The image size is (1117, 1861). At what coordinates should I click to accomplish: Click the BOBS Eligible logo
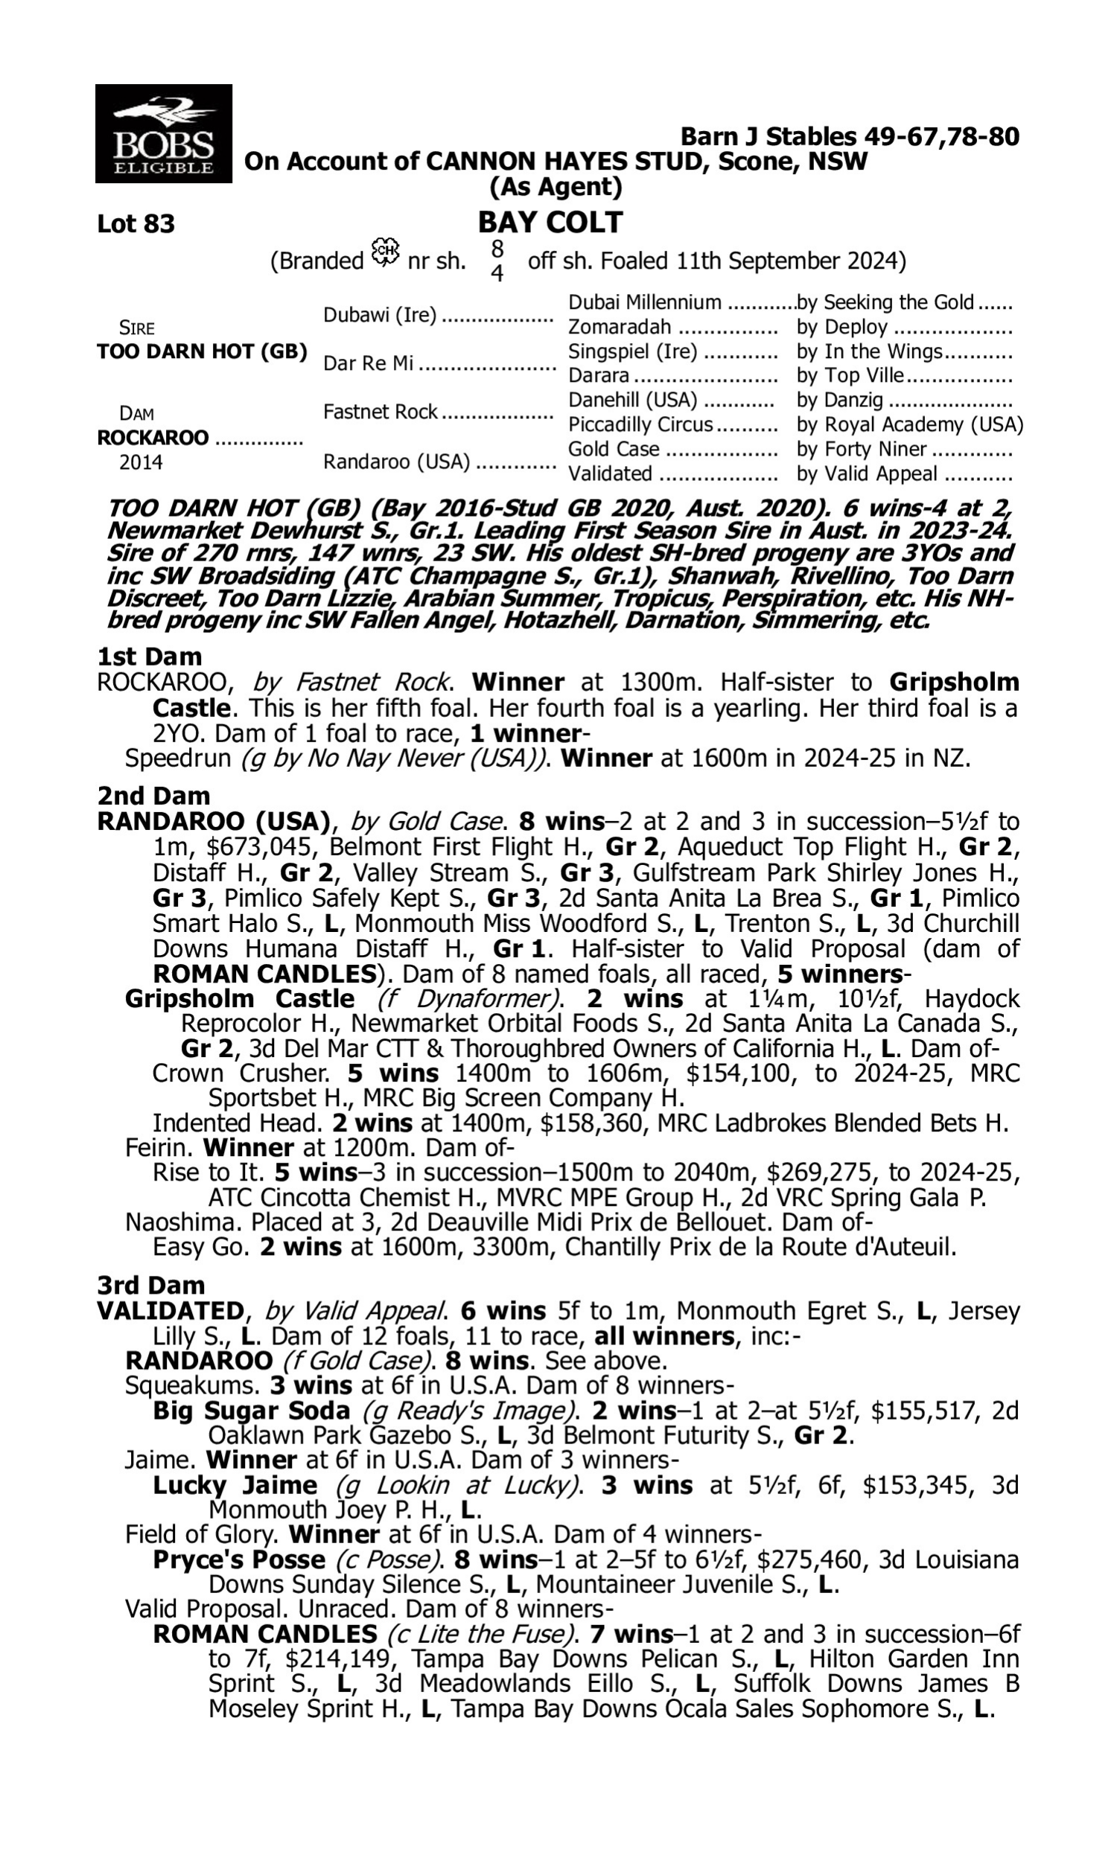tap(163, 134)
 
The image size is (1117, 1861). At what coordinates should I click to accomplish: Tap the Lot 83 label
tap(136, 224)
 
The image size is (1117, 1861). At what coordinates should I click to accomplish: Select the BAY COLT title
tap(550, 223)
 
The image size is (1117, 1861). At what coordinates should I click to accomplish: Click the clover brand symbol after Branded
tap(386, 253)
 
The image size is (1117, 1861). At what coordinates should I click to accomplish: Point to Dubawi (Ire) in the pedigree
tap(379, 315)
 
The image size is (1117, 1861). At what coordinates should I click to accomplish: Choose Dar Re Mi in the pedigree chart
tap(368, 363)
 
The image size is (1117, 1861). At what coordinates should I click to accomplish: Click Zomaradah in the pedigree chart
tap(619, 328)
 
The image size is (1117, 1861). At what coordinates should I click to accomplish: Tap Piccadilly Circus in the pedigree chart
tap(640, 425)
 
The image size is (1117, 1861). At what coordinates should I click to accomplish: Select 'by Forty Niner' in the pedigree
tap(862, 449)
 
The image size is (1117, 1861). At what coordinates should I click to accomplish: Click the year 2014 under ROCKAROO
tap(141, 462)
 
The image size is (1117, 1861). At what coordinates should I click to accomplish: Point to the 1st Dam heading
tap(150, 657)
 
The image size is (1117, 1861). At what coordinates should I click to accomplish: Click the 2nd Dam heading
tap(153, 795)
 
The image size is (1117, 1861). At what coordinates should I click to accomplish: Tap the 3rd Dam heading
tap(151, 1285)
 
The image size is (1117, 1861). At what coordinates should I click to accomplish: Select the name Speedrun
tap(178, 759)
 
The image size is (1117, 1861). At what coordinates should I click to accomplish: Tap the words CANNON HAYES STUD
tap(567, 162)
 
